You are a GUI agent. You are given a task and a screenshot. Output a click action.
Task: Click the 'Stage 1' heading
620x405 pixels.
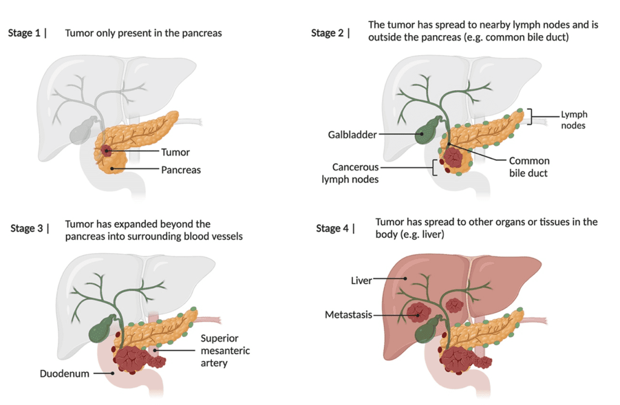24,33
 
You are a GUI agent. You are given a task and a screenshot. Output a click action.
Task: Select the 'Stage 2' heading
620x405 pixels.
328,33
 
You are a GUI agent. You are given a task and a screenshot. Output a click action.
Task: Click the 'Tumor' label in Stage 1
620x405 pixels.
176,153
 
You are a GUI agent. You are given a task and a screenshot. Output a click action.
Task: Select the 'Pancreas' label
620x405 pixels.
181,170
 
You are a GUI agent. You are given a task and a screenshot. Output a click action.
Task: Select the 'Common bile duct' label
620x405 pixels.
529,167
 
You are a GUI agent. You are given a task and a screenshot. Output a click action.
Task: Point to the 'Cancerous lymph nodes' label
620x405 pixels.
355,173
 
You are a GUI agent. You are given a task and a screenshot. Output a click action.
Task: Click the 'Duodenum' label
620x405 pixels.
64,374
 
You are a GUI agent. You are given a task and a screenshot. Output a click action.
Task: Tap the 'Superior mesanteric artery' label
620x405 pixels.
225,351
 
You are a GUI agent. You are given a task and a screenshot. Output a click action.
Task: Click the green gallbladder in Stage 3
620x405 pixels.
101,329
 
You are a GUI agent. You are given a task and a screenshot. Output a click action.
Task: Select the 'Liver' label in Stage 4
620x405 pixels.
361,280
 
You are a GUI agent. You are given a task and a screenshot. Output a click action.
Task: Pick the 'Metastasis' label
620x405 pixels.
348,315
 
